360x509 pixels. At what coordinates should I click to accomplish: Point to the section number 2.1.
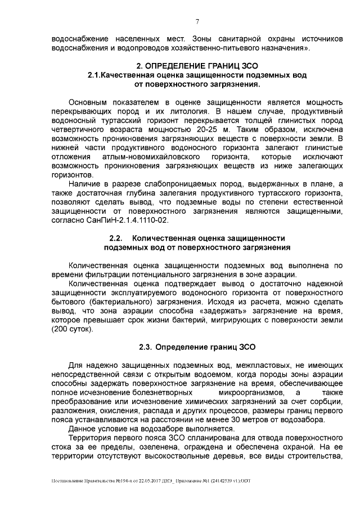pos(97,75)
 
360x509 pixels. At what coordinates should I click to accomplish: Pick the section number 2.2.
pos(115,238)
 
